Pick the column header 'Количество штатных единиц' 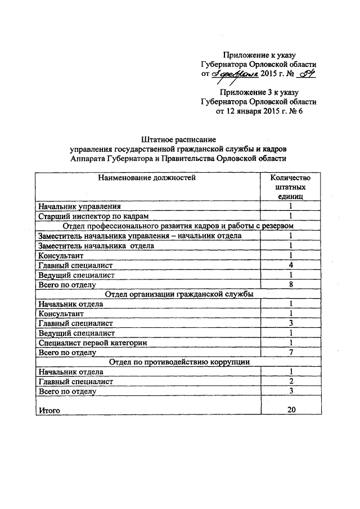point(291,187)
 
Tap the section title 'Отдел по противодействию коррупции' point(179,362)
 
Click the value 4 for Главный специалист point(291,264)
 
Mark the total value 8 point(291,284)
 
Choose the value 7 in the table point(291,352)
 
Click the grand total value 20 point(291,409)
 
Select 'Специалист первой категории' point(93,343)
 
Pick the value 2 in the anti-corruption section point(291,381)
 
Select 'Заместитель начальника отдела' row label point(95,245)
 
